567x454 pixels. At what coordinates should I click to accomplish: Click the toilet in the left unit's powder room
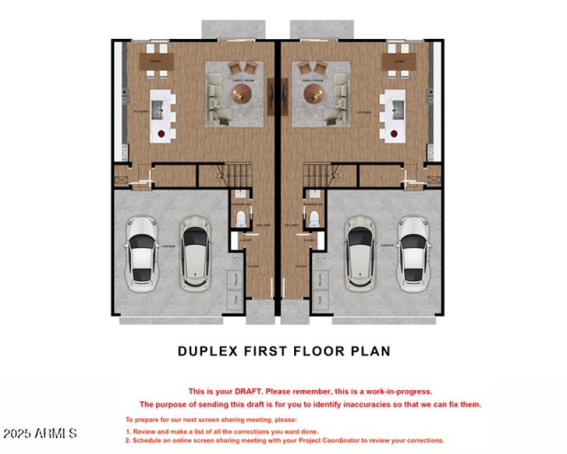(242, 217)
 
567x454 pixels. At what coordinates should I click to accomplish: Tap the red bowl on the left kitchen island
(162, 133)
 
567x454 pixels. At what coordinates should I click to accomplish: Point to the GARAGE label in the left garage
(169, 246)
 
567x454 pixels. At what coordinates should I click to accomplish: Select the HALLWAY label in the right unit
(291, 225)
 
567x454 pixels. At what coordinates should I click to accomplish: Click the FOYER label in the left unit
(252, 267)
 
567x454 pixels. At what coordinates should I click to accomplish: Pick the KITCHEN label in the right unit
(364, 113)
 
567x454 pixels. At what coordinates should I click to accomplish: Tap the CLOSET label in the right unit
(310, 240)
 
